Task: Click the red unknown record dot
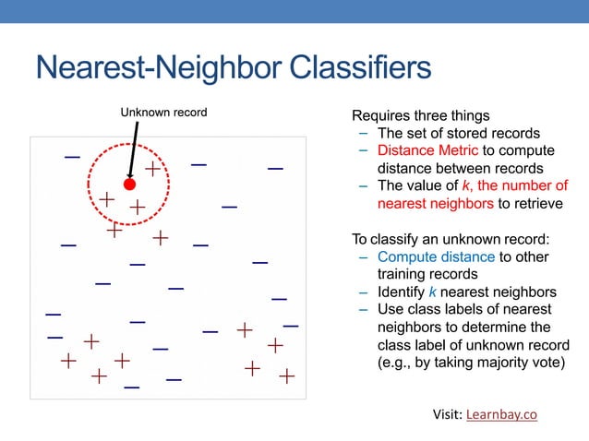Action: click(130, 185)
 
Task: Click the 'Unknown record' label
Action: click(163, 113)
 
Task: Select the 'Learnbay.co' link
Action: click(501, 414)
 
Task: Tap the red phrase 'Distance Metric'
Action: click(427, 150)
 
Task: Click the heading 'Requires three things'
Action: click(421, 116)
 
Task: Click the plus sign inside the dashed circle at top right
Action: click(152, 169)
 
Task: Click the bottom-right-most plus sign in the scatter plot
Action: click(287, 376)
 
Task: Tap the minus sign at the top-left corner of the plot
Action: click(72, 157)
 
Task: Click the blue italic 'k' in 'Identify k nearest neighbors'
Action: click(434, 292)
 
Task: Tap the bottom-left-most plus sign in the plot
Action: click(68, 360)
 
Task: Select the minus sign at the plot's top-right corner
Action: click(275, 169)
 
